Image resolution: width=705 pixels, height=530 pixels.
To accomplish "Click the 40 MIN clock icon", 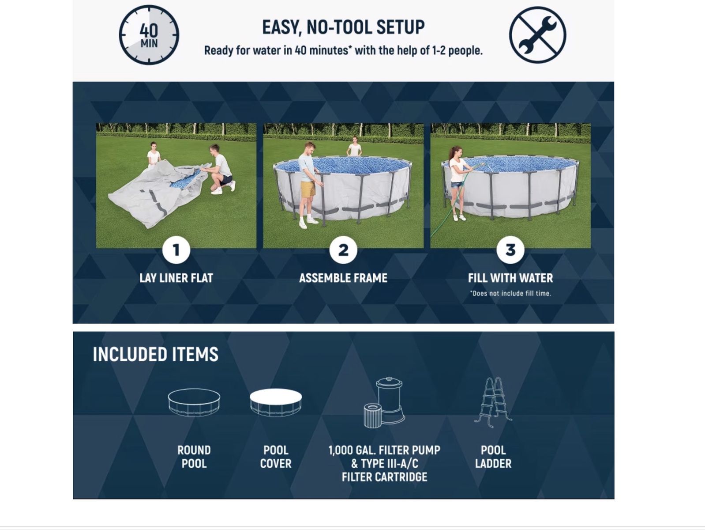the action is pos(149,35).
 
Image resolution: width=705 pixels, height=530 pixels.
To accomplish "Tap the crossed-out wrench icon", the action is pos(538,35).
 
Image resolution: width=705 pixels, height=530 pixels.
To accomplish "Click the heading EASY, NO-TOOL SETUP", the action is pos(343,27).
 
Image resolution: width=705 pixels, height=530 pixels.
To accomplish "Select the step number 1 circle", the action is pos(176,250).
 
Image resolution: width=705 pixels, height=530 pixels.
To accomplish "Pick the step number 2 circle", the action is pos(343,250).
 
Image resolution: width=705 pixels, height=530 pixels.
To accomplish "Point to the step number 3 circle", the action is pos(510,250).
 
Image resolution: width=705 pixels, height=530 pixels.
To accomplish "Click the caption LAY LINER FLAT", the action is pos(176,278).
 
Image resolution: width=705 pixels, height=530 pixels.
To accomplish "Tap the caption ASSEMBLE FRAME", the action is pos(343,278).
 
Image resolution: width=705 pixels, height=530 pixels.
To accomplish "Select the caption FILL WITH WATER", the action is pos(510,278).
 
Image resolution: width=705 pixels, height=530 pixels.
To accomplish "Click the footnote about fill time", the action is pos(510,293).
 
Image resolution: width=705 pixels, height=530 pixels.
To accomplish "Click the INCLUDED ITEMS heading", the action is pos(155,354).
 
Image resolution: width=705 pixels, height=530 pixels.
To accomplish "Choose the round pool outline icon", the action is pos(194,403).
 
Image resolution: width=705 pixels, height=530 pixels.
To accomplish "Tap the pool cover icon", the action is pos(276,403).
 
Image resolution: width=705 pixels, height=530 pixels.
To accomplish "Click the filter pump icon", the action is pos(384,402).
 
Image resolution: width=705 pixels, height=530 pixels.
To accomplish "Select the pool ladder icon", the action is pos(493,402).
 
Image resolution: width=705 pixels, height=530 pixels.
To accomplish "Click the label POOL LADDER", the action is pos(493,457).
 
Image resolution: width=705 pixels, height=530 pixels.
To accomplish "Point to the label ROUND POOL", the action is pos(194,457).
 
